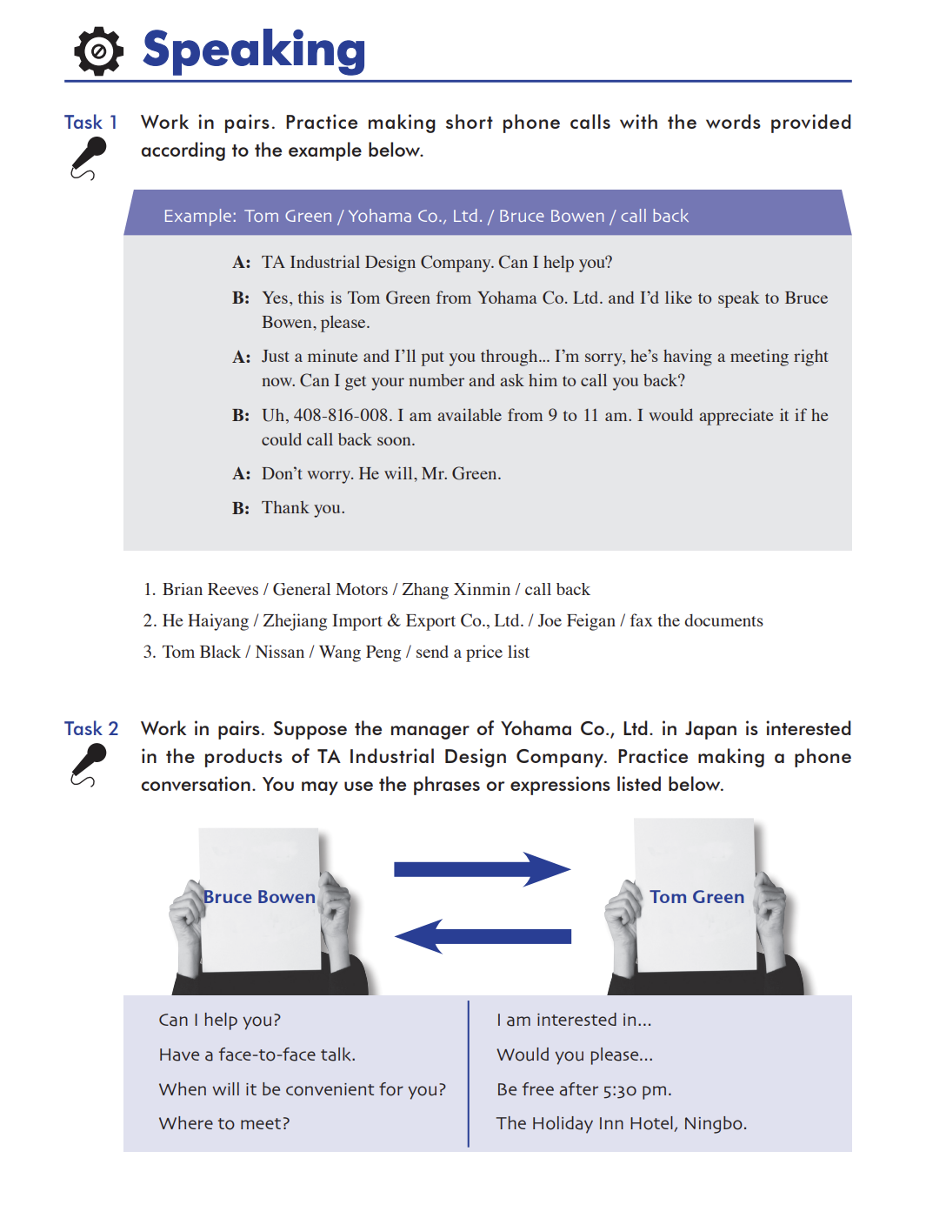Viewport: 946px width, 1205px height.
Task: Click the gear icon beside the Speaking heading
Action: tap(98, 50)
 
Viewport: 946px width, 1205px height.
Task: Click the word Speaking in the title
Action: tap(254, 50)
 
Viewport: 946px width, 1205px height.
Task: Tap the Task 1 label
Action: tap(90, 123)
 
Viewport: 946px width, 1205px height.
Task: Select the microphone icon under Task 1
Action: tap(88, 158)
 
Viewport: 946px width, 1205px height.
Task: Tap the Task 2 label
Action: tap(91, 729)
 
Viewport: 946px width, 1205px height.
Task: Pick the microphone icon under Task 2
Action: tap(88, 766)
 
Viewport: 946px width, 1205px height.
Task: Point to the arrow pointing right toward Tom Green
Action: tap(482, 869)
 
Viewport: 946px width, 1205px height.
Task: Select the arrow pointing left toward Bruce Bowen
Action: tap(483, 936)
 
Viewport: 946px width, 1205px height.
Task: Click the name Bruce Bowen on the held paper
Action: tap(259, 897)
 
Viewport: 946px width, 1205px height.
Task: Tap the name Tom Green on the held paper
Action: tap(696, 897)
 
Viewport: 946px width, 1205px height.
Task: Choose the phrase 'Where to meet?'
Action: tap(224, 1123)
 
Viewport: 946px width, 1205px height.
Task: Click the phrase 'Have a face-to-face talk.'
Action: tap(257, 1054)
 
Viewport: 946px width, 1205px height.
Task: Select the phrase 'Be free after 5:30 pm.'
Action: tap(584, 1089)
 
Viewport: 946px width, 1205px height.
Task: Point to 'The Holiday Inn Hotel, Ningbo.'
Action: tap(622, 1123)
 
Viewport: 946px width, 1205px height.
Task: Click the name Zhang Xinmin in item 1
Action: tap(456, 590)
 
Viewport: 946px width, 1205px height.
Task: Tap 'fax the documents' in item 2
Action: tap(696, 621)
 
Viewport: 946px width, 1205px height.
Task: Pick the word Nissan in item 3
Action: tap(280, 653)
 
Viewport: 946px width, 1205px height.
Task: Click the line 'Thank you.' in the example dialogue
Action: tap(303, 508)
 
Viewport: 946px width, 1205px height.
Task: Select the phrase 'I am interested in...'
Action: tap(574, 1020)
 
